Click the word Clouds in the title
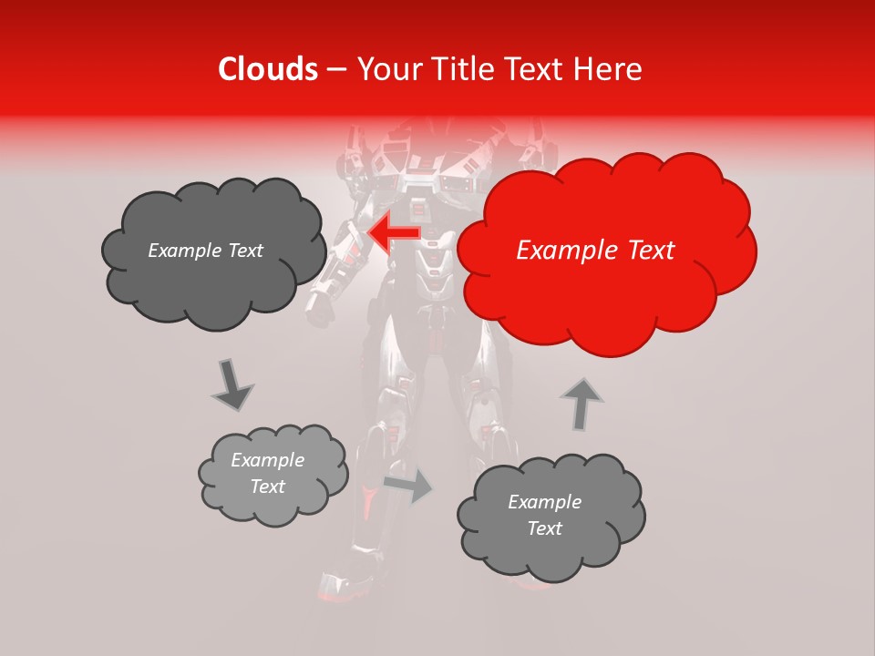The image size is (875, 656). click(x=268, y=69)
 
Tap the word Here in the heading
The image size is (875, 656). click(x=608, y=69)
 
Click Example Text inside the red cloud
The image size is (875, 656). click(x=595, y=251)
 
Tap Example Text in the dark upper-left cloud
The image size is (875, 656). click(x=205, y=251)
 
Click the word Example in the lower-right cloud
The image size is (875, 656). click(x=544, y=502)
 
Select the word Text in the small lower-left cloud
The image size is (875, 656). click(x=268, y=487)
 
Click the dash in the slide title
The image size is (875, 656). click(x=336, y=69)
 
